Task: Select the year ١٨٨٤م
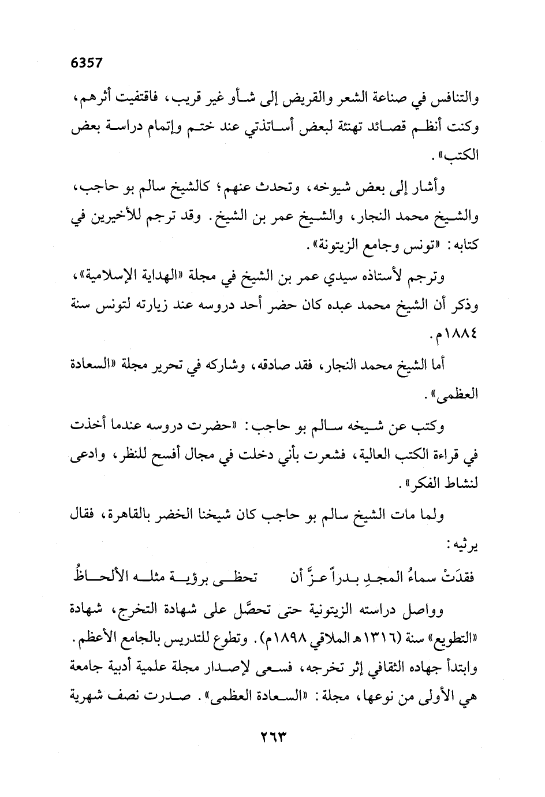click(453, 336)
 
